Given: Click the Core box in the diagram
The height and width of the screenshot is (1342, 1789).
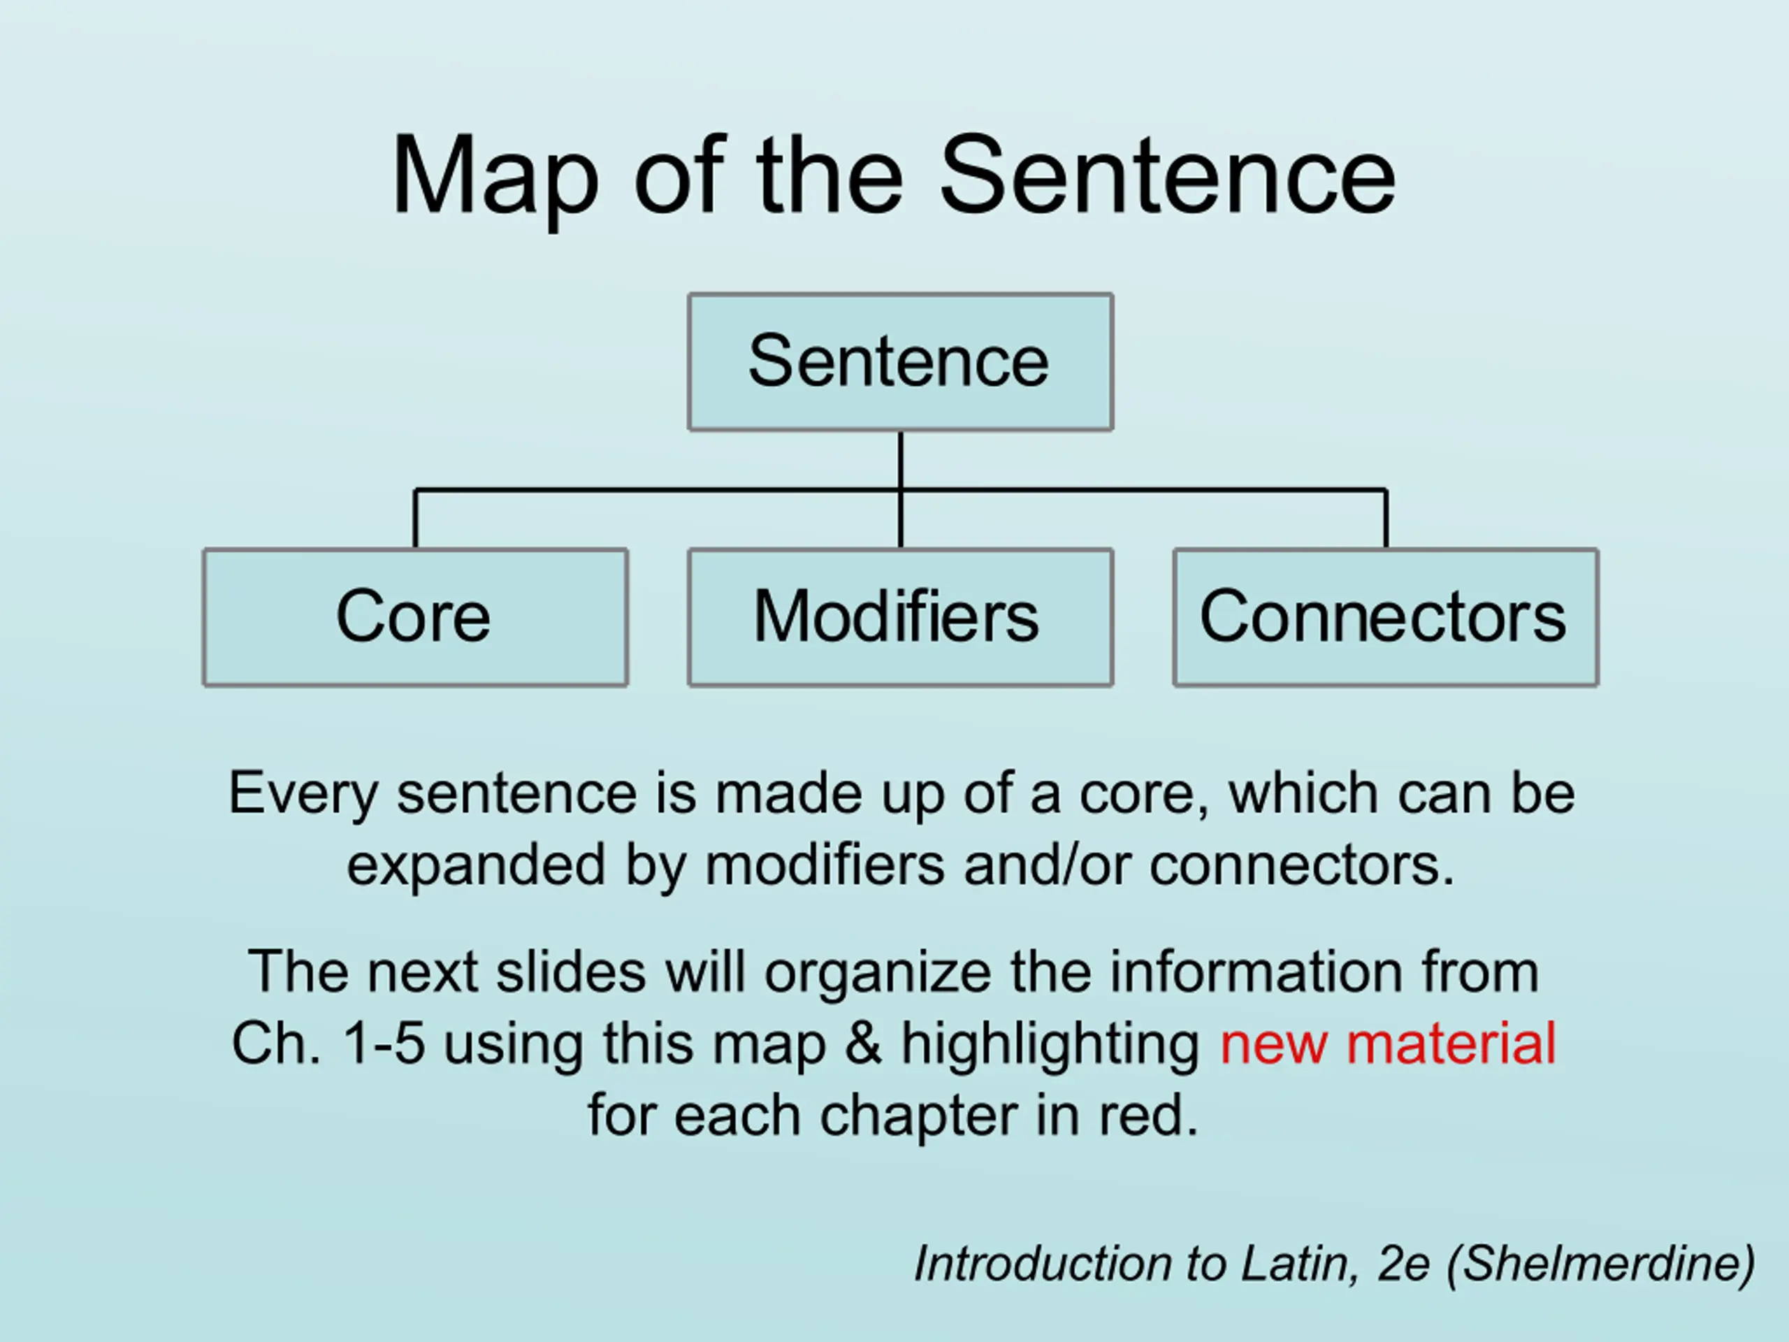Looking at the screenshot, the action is (415, 617).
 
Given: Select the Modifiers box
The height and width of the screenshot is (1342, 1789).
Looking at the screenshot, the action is (900, 617).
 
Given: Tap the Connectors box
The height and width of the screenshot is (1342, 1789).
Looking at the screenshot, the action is (1385, 617).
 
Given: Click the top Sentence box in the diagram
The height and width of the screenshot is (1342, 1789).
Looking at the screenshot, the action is (900, 361).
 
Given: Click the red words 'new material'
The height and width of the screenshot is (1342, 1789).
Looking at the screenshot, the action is (1388, 1043).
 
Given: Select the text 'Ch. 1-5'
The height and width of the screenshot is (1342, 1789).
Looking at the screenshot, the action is (328, 1043).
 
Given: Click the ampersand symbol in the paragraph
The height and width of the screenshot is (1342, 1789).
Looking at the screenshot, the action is (863, 1043).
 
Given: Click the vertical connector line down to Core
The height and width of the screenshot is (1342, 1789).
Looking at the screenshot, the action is (415, 519).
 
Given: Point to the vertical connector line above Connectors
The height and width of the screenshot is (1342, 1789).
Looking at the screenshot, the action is (1386, 519).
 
